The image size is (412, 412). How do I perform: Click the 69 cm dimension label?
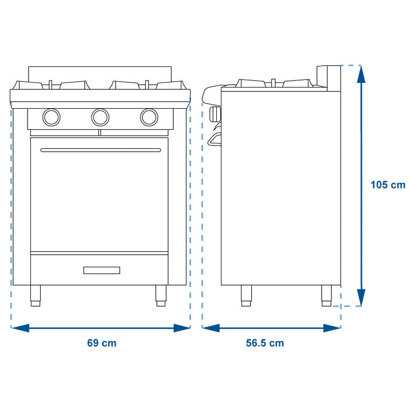click(x=101, y=343)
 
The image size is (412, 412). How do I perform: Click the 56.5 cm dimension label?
click(x=265, y=343)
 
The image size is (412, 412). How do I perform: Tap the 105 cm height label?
click(x=387, y=185)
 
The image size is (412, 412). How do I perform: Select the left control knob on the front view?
click(x=51, y=117)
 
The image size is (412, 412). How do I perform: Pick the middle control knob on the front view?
click(x=100, y=117)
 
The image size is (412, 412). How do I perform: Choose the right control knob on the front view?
click(x=149, y=117)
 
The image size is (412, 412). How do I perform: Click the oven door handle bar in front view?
click(x=101, y=150)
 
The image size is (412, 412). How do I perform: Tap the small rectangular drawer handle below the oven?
click(x=102, y=270)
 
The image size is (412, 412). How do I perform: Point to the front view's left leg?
click(x=36, y=295)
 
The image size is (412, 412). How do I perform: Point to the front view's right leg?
click(x=161, y=295)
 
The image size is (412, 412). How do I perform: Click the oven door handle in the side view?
click(x=215, y=139)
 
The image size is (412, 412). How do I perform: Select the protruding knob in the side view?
click(x=215, y=114)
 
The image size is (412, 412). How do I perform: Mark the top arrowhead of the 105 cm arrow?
click(x=360, y=73)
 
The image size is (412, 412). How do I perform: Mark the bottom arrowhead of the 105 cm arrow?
click(x=360, y=298)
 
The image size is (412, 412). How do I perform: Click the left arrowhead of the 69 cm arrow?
click(x=19, y=328)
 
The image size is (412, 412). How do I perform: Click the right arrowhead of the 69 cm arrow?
click(x=183, y=328)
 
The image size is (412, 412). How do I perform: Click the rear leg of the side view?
click(x=327, y=294)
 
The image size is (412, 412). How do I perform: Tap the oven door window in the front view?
click(x=100, y=200)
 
